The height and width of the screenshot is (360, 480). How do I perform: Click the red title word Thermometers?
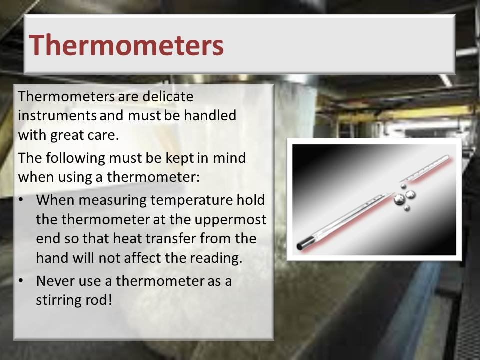pyautogui.click(x=126, y=45)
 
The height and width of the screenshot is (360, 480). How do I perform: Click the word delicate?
pyautogui.click(x=168, y=96)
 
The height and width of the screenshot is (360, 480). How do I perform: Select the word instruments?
pyautogui.click(x=57, y=115)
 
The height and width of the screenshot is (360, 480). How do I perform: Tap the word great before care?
pyautogui.click(x=67, y=135)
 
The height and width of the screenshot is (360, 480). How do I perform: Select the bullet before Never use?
pyautogui.click(x=21, y=281)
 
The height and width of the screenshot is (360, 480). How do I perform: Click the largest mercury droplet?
pyautogui.click(x=399, y=199)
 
